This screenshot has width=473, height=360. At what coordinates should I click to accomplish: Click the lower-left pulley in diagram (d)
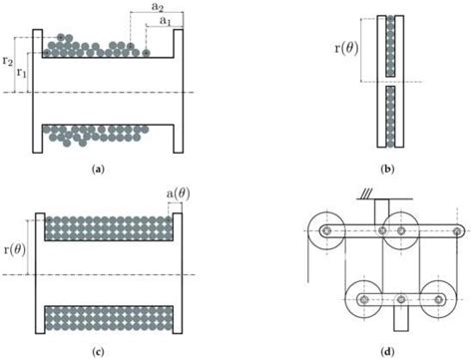[x=363, y=296]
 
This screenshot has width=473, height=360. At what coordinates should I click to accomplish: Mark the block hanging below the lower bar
[x=401, y=318]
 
